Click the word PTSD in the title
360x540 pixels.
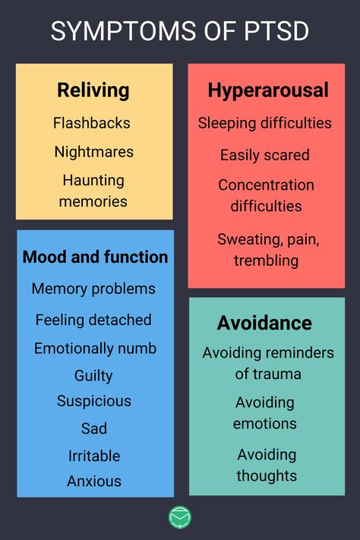click(x=276, y=31)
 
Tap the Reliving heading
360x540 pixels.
click(x=93, y=90)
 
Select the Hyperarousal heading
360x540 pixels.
click(x=268, y=90)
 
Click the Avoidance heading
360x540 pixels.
click(x=264, y=323)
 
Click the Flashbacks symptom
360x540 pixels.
click(x=92, y=123)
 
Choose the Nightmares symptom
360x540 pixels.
click(x=93, y=152)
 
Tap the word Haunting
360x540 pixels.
click(x=93, y=181)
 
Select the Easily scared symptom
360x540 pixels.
click(x=265, y=155)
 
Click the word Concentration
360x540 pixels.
click(x=267, y=185)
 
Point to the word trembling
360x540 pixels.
click(x=267, y=261)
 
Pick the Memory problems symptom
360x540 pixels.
click(x=93, y=289)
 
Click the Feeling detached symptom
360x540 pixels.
click(x=93, y=320)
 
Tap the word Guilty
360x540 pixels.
click(x=93, y=375)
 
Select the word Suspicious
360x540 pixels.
click(x=94, y=401)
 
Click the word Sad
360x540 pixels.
click(x=94, y=428)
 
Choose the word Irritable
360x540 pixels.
click(x=94, y=456)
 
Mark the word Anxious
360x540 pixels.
click(x=94, y=481)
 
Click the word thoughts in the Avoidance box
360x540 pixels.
click(x=267, y=476)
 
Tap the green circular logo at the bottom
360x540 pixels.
click(x=180, y=517)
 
